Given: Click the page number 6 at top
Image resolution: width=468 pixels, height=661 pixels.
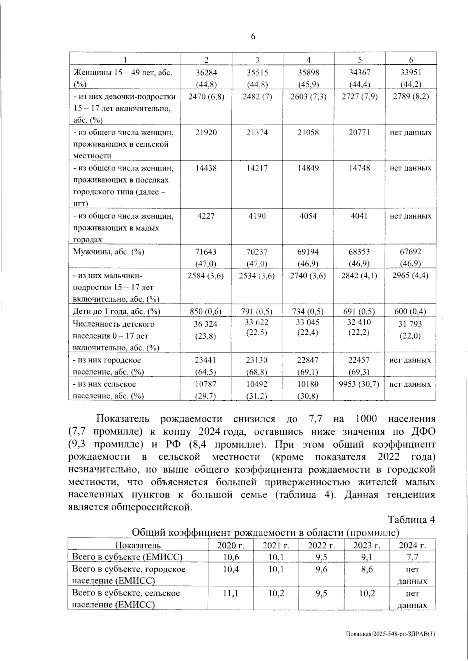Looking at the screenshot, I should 253,37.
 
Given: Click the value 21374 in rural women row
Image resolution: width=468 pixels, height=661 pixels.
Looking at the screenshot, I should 257,133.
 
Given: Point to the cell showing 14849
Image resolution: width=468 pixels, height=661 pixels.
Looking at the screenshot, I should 308,168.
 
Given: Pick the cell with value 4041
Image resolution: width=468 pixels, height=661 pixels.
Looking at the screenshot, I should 359,216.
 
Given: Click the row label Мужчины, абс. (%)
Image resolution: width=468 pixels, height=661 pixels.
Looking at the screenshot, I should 109,252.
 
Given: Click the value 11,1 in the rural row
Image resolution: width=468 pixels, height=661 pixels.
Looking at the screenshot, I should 230,593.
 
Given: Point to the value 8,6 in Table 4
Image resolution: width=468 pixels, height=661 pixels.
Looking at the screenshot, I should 367,570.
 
